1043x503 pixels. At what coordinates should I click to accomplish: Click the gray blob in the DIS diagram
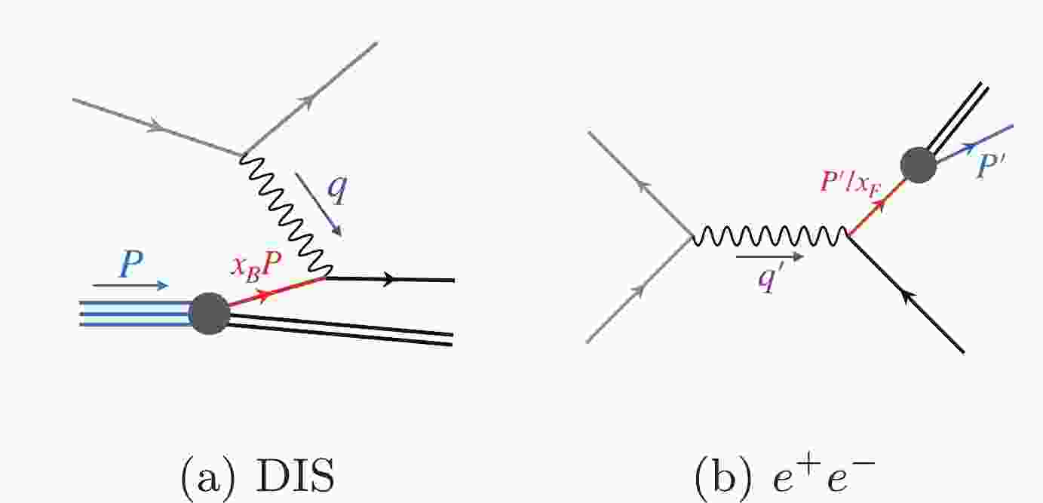(210, 314)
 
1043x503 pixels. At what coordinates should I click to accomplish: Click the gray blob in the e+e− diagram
(919, 165)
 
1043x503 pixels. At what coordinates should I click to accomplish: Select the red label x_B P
(256, 269)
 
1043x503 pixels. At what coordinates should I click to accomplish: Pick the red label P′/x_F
(851, 182)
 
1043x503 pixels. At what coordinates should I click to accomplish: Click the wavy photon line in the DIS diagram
(286, 215)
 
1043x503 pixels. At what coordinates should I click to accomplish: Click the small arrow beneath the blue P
(130, 285)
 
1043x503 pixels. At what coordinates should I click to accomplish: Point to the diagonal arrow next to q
(319, 205)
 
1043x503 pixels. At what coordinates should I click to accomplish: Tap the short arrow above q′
(770, 256)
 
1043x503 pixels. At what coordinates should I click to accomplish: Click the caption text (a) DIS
(257, 476)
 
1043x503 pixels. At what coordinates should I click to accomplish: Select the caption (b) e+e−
(784, 476)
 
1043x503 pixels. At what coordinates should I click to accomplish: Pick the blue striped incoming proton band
(136, 314)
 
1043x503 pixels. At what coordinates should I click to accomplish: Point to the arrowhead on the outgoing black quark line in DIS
(388, 280)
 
